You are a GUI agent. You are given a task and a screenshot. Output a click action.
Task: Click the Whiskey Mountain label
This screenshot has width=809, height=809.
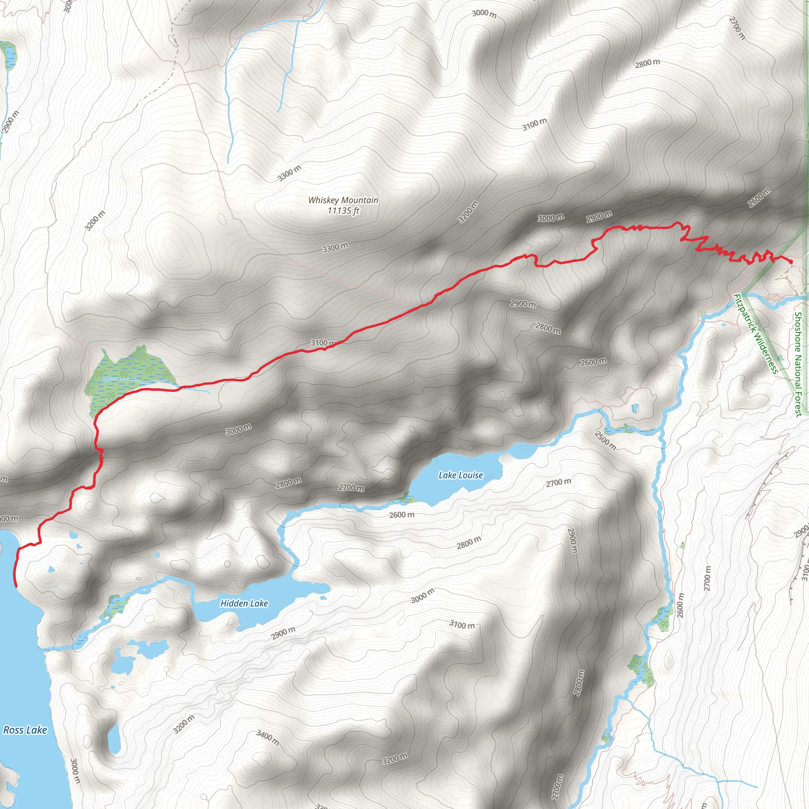[x=343, y=200]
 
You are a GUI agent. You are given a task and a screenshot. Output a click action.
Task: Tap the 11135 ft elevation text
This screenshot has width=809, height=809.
[x=343, y=211]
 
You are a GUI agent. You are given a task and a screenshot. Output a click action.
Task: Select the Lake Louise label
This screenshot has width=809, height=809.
[x=461, y=475]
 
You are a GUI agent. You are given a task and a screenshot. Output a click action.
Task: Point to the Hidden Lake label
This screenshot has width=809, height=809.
[x=244, y=604]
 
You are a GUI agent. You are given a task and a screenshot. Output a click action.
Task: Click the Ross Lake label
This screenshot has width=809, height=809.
[x=25, y=730]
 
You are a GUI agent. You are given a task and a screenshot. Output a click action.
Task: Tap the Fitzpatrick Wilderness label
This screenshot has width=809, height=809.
[x=756, y=334]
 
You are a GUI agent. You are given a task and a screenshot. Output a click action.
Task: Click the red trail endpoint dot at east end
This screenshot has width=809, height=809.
[x=790, y=262]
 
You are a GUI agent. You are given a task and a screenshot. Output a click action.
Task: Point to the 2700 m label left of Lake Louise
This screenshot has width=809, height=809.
[x=351, y=488]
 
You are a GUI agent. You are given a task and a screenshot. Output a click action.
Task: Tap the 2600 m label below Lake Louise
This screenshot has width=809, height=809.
[x=402, y=515]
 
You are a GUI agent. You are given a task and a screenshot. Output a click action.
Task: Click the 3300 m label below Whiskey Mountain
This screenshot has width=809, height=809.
[x=335, y=247]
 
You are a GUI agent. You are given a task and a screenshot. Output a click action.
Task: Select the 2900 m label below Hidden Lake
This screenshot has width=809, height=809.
[x=283, y=633]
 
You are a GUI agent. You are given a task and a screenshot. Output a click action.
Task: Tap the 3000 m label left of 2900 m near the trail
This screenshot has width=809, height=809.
[x=551, y=218]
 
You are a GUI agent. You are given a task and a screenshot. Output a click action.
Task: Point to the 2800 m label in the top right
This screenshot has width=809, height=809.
[x=647, y=63]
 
